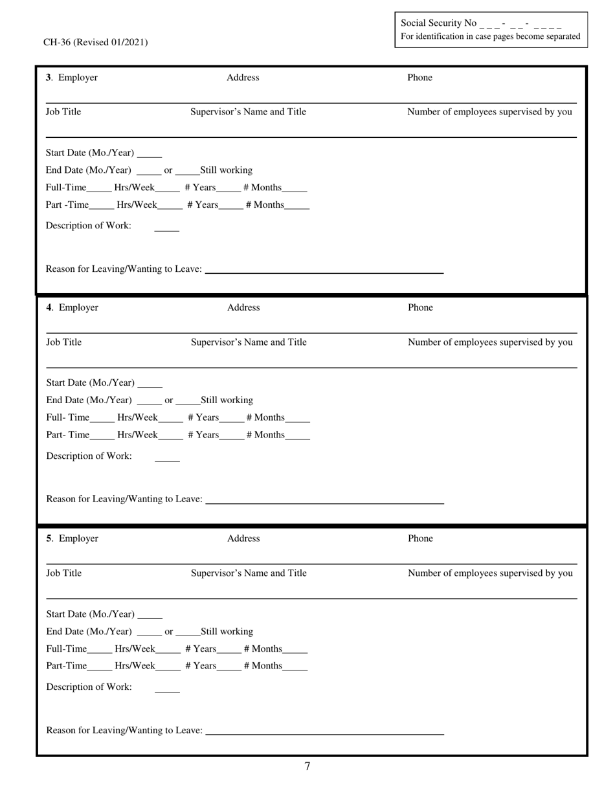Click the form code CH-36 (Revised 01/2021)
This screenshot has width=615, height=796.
click(95, 43)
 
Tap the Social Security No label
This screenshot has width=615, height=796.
click(438, 23)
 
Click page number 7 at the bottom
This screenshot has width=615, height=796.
click(307, 767)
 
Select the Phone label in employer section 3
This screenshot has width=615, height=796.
click(419, 78)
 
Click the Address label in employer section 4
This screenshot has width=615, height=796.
click(243, 308)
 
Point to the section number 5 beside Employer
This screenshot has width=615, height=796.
click(49, 538)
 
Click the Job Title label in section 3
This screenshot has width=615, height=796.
click(63, 112)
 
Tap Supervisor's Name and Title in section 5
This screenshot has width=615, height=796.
click(249, 573)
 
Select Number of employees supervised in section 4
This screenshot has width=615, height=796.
click(490, 342)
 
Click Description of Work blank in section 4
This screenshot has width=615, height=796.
click(168, 460)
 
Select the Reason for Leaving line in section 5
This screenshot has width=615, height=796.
click(324, 734)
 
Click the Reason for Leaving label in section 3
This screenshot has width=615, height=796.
click(124, 269)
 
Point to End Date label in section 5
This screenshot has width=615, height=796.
click(89, 632)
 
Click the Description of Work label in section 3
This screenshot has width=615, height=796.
click(88, 226)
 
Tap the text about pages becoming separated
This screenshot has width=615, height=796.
click(490, 37)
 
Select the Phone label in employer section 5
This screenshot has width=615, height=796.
click(420, 538)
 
